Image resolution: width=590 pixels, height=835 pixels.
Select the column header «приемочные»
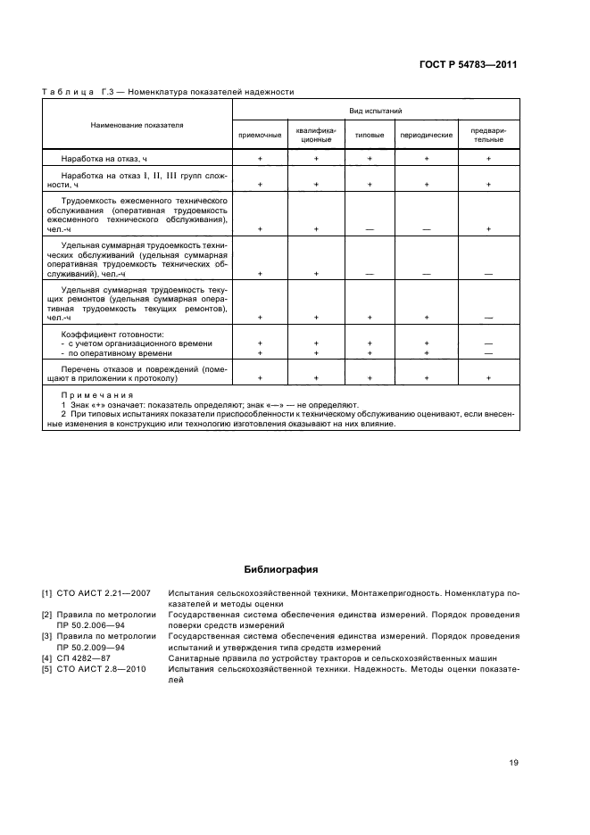[x=259, y=135]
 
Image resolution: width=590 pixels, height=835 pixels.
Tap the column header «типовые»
[x=370, y=135]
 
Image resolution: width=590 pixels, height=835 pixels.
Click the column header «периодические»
[x=426, y=135]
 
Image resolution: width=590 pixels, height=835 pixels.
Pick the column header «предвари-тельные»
[x=488, y=135]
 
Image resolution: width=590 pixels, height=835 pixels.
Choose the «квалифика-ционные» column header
[x=315, y=135]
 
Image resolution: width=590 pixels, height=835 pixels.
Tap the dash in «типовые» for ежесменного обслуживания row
[x=370, y=229]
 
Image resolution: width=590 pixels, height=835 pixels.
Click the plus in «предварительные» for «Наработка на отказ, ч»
[x=488, y=158]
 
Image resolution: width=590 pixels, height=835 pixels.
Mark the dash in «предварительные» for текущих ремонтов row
[x=488, y=318]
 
